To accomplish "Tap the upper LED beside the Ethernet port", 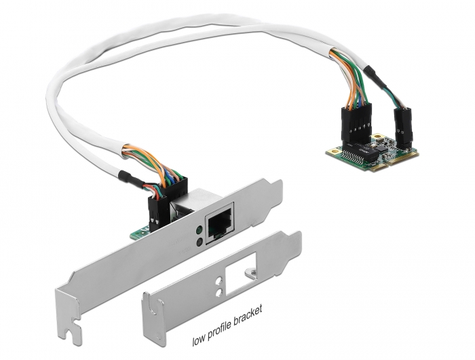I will coord(197,229).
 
